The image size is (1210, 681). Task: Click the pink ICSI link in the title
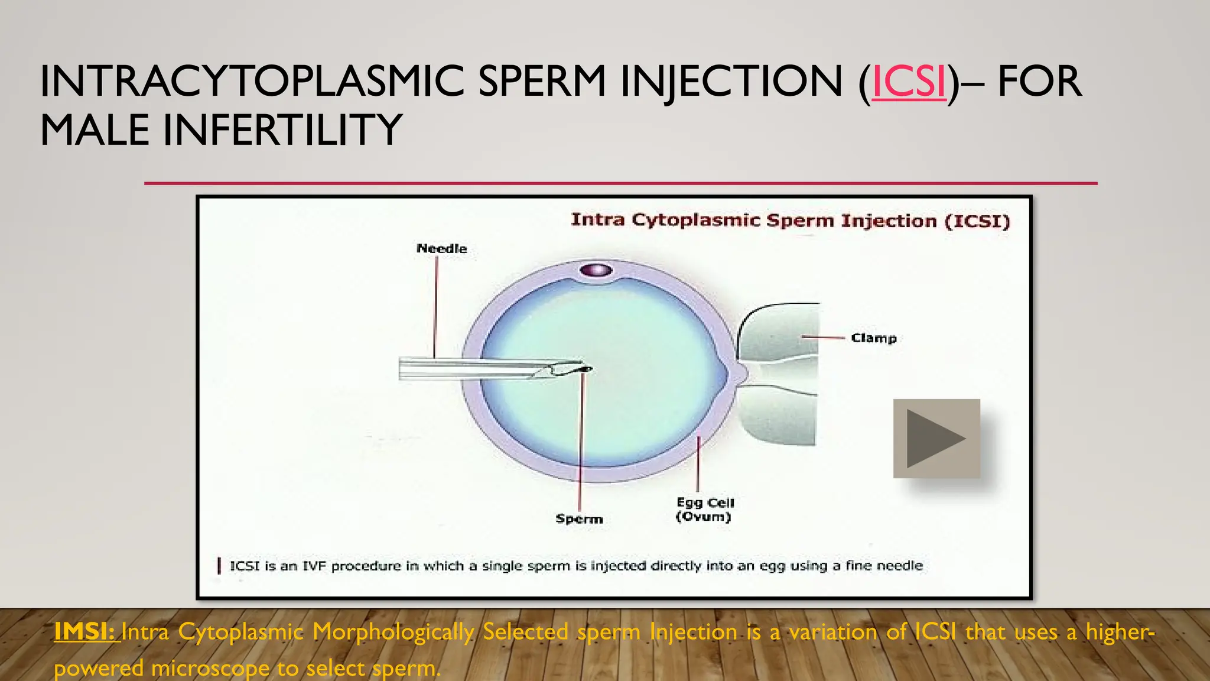pos(909,82)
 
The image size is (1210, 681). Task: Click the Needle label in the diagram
pos(441,249)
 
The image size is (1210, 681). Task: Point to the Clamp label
pos(873,338)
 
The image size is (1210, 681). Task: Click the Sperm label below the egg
pos(579,519)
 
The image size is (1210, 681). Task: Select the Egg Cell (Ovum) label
pos(704,510)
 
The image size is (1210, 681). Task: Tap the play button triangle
pos(935,439)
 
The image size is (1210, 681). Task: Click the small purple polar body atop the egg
pos(596,271)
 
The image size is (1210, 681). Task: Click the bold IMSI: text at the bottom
pos(84,632)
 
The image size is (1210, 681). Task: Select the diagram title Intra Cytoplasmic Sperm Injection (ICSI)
pos(790,221)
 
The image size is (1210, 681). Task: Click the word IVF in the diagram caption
pos(315,566)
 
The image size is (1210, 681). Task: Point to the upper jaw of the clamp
pos(779,331)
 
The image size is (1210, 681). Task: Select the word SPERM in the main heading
pos(542,82)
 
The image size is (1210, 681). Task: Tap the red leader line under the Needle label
pos(436,307)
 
